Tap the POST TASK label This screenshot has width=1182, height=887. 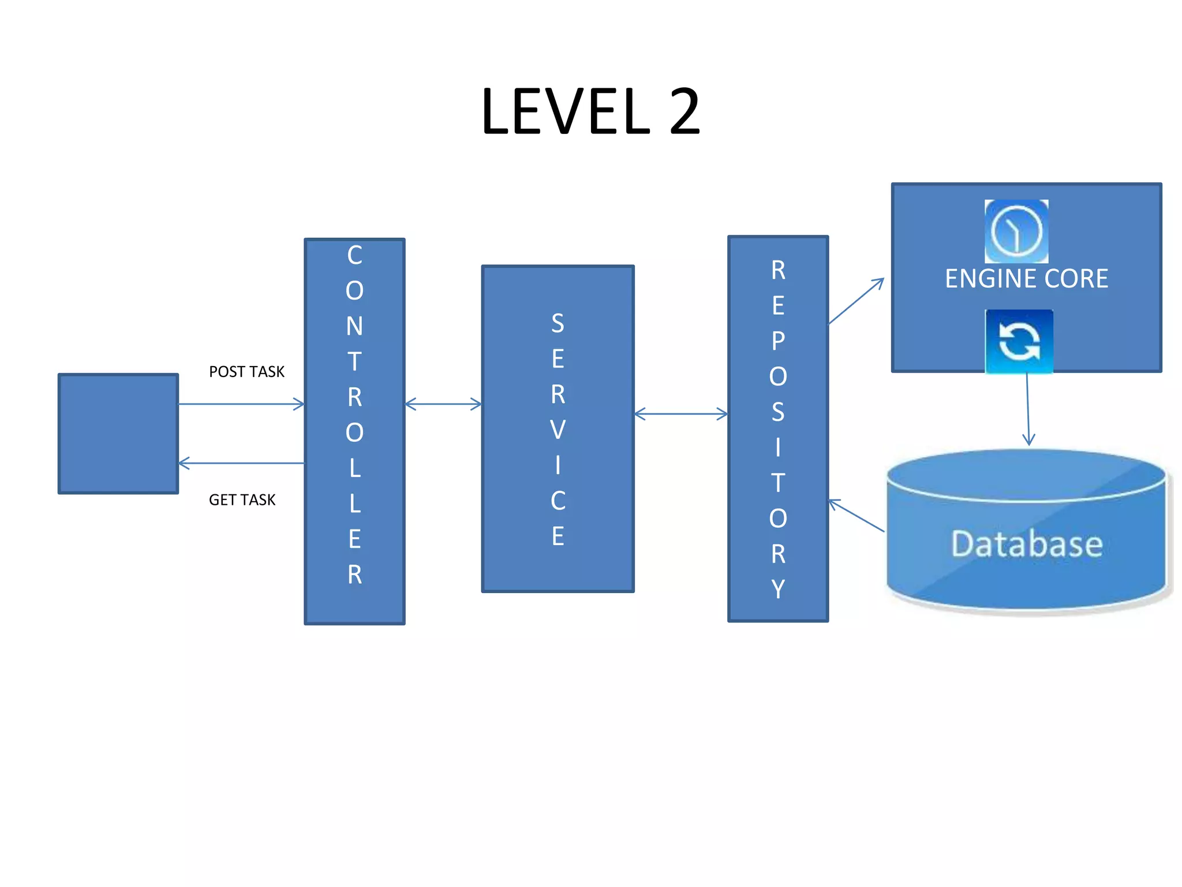[x=246, y=371]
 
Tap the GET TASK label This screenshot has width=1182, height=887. [x=242, y=500]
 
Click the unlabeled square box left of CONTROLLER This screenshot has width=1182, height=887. [x=118, y=433]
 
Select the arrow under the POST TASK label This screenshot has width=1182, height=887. [x=241, y=404]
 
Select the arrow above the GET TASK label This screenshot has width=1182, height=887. [x=241, y=463]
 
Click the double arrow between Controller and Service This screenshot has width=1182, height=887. [x=443, y=404]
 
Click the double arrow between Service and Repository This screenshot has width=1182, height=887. [x=681, y=413]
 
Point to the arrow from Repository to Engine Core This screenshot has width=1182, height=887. [x=856, y=301]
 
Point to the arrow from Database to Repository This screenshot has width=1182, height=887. [x=856, y=515]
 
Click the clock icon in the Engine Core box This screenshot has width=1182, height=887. [x=1016, y=231]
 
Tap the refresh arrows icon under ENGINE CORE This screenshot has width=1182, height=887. [x=1019, y=341]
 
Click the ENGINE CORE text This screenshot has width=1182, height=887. [x=1026, y=278]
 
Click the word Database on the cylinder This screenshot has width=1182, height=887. [x=1027, y=543]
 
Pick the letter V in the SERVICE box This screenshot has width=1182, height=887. [x=558, y=430]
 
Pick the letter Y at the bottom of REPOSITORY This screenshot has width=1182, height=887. [x=778, y=589]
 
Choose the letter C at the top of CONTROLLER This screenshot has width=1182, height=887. [x=354, y=255]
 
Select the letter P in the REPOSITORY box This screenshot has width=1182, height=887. [x=778, y=341]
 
